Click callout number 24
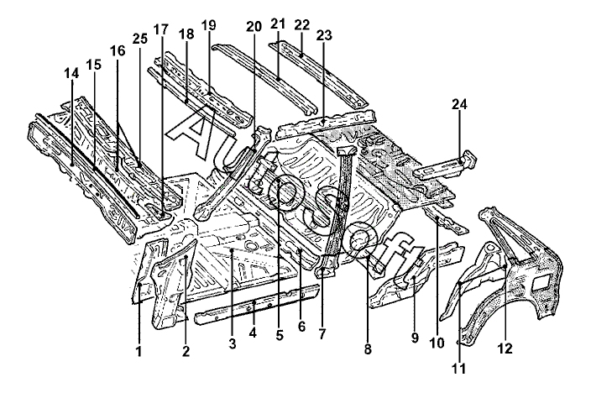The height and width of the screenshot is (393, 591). pos(459,104)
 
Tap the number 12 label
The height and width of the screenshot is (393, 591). pos(505,348)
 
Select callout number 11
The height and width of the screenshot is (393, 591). pos(459,369)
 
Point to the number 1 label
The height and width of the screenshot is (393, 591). pos(139,352)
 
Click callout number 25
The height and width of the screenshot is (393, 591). pos(140,38)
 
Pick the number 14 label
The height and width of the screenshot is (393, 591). pos(71,73)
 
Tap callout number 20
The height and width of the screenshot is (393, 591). pos(254,27)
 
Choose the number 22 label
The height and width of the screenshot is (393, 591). pos(302,25)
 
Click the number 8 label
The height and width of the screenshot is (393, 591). pos(368,349)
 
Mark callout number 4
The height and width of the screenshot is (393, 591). pos(253,333)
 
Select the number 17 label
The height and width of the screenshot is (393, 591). pos(161,29)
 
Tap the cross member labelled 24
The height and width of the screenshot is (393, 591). pos(445,166)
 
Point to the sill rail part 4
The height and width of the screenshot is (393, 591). pos(256,303)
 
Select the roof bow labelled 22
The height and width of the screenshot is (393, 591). pos(318,74)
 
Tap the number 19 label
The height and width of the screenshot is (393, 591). pos(208,25)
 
